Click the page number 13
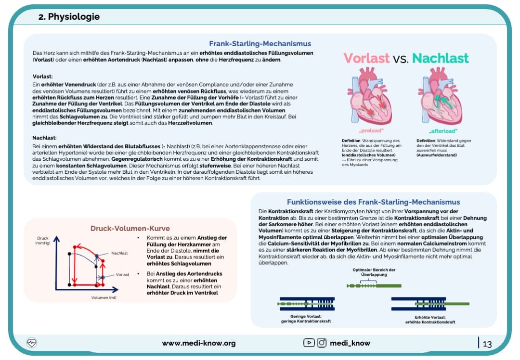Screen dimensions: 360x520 (x=487, y=344)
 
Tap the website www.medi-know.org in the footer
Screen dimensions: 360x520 (x=198, y=343)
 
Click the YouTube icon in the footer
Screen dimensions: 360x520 (x=309, y=343)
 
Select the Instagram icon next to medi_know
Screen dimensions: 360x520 (x=322, y=343)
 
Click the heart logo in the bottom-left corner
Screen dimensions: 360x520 (x=32, y=343)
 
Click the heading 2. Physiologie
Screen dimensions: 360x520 (x=69, y=17)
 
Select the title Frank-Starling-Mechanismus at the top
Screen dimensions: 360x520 (x=260, y=44)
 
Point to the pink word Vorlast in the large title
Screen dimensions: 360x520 (x=366, y=59)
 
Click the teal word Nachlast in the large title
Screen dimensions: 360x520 (x=440, y=59)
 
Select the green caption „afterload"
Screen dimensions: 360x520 (x=443, y=131)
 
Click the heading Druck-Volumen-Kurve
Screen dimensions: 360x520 (x=130, y=229)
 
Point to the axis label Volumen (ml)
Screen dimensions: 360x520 (x=104, y=297)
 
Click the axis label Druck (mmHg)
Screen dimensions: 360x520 (x=43, y=241)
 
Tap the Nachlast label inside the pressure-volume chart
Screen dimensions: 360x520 (x=119, y=253)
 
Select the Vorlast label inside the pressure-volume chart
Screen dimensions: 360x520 (x=122, y=275)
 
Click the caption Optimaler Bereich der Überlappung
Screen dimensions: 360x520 (x=374, y=272)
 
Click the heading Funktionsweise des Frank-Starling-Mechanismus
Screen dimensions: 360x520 (x=373, y=202)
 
